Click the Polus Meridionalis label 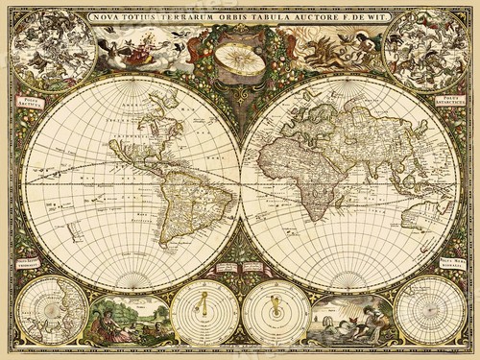tap(450, 260)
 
